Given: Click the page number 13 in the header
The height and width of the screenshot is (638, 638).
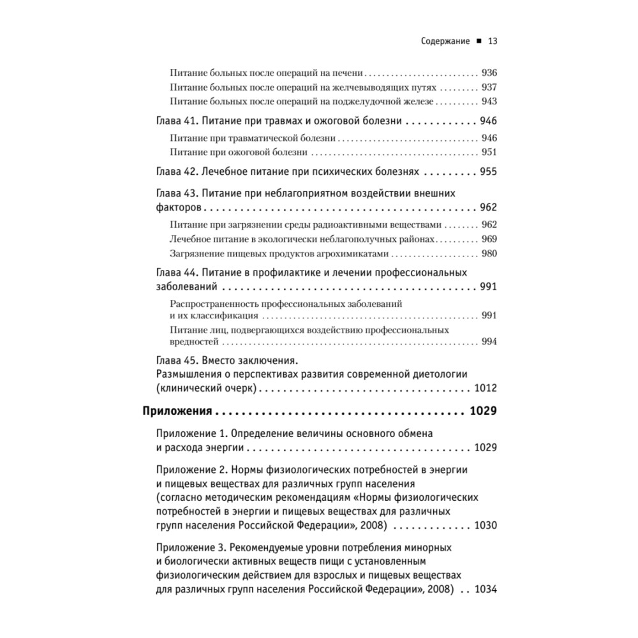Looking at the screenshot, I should (492, 42).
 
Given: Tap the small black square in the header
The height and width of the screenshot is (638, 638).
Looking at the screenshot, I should (478, 43).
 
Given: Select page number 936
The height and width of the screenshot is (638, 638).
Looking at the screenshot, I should (489, 73).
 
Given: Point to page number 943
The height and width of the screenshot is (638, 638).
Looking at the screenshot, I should (489, 102).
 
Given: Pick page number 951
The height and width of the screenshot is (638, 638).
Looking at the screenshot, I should (489, 152).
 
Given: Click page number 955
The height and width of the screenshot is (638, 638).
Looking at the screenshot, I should (489, 172).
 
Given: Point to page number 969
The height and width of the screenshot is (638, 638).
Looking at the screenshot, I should (489, 239).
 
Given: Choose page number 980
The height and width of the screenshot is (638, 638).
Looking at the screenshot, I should (489, 254).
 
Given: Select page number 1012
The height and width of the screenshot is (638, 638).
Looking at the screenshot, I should (486, 389).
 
